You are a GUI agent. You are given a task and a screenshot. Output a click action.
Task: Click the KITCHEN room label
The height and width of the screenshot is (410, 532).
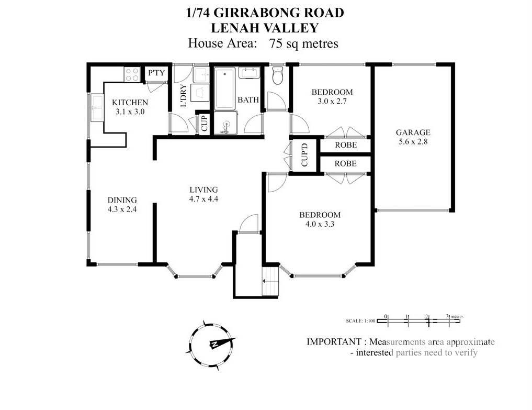point(130,103)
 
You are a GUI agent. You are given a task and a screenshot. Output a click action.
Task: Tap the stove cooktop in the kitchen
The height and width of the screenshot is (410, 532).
point(131,74)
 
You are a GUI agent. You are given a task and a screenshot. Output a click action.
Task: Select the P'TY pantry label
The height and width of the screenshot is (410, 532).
point(156,73)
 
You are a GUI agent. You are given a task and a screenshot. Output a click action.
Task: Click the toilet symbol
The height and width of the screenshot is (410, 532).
point(278,76)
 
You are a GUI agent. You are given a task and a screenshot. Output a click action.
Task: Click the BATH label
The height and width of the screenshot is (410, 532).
point(248,99)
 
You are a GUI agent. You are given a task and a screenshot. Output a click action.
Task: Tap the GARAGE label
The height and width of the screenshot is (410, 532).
point(413,132)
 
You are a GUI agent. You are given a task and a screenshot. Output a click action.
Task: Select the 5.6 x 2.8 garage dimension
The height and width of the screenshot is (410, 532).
point(413,141)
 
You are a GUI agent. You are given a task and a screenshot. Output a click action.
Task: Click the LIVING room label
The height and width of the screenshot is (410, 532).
point(203,190)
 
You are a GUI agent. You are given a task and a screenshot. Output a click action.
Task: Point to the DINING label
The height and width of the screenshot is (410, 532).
point(122,200)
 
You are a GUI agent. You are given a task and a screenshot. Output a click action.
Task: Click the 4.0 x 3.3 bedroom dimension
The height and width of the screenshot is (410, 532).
point(320,224)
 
